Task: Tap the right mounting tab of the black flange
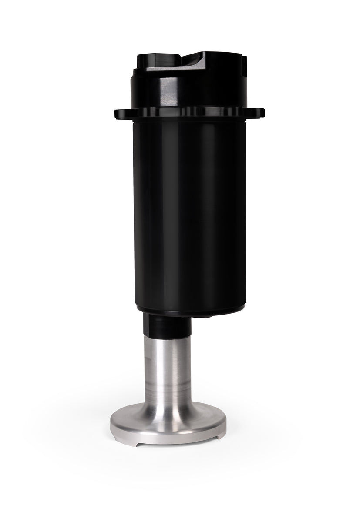[x=259, y=113]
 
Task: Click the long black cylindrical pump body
[x=190, y=209]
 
